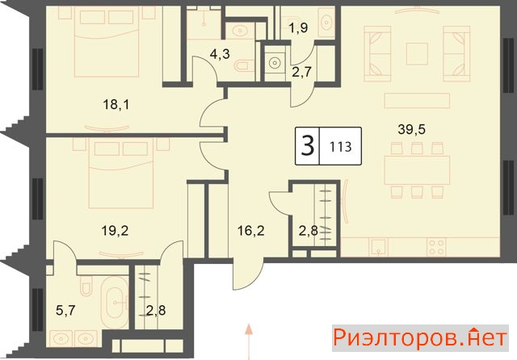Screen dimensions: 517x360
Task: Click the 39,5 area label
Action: (411, 129)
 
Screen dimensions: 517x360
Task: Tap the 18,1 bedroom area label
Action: (116, 105)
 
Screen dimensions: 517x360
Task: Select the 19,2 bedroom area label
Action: (115, 231)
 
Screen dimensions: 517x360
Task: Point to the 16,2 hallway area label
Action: (251, 231)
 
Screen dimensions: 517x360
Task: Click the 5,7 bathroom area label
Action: (65, 310)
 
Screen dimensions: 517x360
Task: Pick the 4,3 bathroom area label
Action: (220, 53)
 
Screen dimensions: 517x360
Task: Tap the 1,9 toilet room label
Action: (298, 28)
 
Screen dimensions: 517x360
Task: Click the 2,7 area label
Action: (301, 71)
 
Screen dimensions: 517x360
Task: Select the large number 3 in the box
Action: (308, 146)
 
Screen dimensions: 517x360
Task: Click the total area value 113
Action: (341, 147)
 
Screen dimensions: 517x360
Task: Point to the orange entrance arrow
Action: (250, 341)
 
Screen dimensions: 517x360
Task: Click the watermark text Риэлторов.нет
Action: (420, 338)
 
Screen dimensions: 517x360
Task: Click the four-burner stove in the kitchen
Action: (436, 247)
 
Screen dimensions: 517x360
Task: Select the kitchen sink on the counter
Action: (379, 247)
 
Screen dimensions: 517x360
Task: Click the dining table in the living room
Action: (417, 170)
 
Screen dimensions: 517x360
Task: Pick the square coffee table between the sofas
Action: (417, 54)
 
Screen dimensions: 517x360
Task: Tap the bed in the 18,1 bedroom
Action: (106, 42)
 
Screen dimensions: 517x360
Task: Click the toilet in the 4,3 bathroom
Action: (245, 65)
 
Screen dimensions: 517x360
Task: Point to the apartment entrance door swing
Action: (248, 274)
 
